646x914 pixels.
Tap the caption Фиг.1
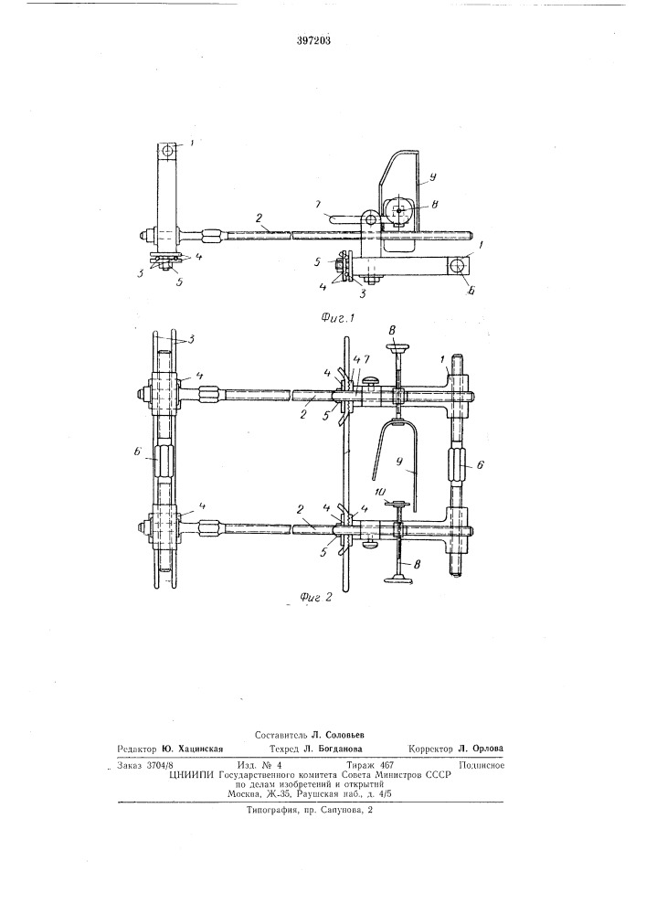(x=338, y=318)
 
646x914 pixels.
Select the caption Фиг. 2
(x=315, y=598)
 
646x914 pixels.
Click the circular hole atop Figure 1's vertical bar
(x=168, y=151)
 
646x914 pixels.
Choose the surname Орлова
(x=487, y=749)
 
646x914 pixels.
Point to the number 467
(x=387, y=765)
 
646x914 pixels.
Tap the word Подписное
(x=482, y=765)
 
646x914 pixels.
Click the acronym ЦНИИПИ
(x=189, y=775)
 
